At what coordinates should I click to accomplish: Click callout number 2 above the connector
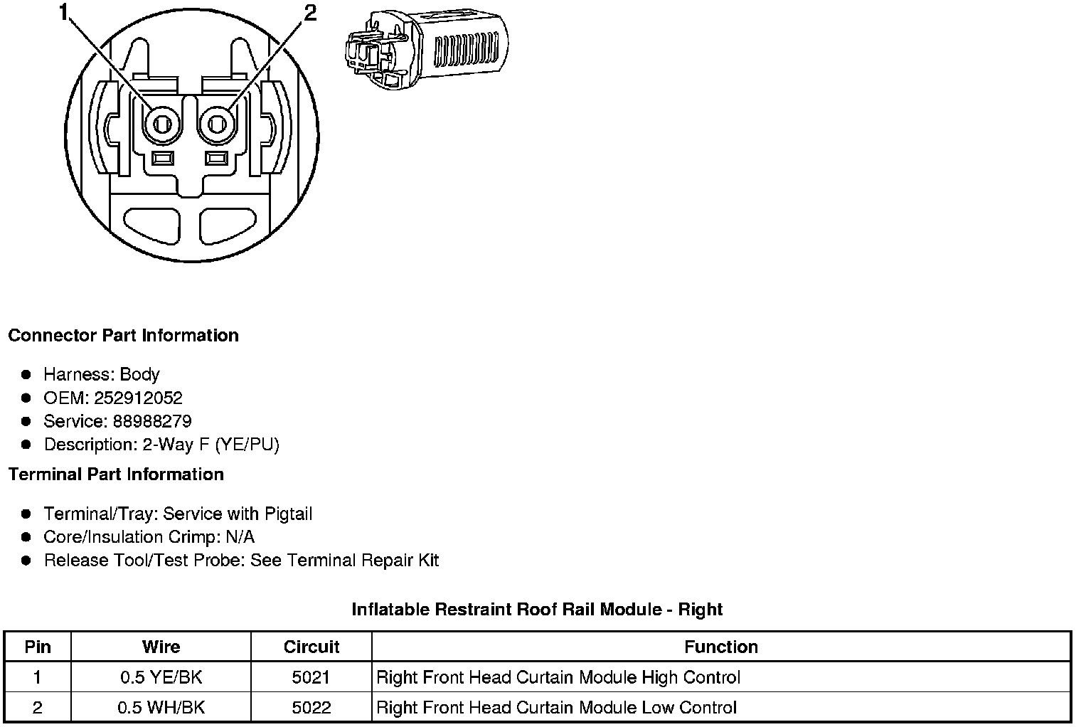pyautogui.click(x=311, y=13)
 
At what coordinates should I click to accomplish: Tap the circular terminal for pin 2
pyautogui.click(x=218, y=125)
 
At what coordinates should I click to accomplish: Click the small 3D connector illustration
pyautogui.click(x=425, y=50)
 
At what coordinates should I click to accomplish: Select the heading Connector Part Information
pyautogui.click(x=123, y=336)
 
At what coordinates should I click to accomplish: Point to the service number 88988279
pyautogui.click(x=151, y=421)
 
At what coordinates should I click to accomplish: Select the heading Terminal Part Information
pyautogui.click(x=116, y=474)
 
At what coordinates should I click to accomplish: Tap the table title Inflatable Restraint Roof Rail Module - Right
pyautogui.click(x=537, y=610)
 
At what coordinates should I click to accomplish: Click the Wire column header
pyautogui.click(x=161, y=647)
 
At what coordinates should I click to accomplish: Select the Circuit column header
pyautogui.click(x=311, y=647)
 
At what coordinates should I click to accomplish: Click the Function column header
pyautogui.click(x=720, y=647)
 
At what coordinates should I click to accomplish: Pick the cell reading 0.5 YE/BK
pyautogui.click(x=161, y=677)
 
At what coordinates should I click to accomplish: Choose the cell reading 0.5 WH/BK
pyautogui.click(x=161, y=708)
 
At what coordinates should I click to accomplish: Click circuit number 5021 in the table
pyautogui.click(x=311, y=677)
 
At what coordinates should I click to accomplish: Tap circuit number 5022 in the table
pyautogui.click(x=311, y=708)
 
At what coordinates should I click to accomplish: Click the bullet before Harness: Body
pyautogui.click(x=26, y=374)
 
